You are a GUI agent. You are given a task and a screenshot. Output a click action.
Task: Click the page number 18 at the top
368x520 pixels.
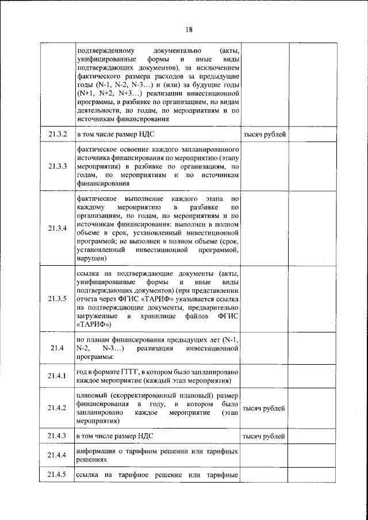tap(189, 30)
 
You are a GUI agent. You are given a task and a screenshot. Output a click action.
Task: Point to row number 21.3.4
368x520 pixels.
tap(57, 227)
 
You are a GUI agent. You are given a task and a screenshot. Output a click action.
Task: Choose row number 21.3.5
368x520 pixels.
tap(57, 298)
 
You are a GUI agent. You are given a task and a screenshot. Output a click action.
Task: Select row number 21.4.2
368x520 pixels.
tap(57, 408)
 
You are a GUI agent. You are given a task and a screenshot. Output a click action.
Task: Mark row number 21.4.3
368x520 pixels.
tap(57, 435)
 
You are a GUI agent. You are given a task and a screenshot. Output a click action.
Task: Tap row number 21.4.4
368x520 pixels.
tap(57, 456)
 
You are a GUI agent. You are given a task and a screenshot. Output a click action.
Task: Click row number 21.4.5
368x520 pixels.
tap(57, 475)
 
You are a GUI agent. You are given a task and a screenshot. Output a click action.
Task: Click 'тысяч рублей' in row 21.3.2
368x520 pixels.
tap(264, 135)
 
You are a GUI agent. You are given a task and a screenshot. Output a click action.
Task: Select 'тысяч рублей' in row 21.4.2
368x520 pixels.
tap(264, 408)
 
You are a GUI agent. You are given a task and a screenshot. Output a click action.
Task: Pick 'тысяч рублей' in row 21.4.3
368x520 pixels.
tap(264, 436)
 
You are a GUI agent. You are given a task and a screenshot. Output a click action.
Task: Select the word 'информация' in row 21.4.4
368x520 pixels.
tap(98, 451)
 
